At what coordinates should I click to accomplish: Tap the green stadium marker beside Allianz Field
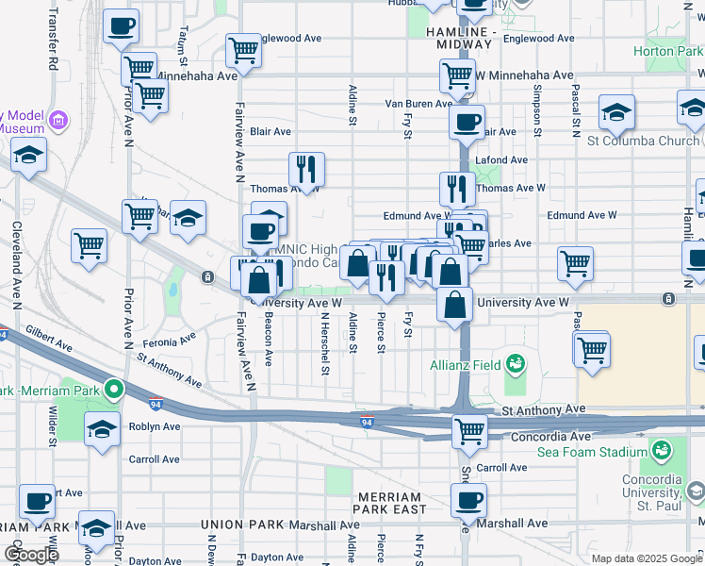(x=514, y=362)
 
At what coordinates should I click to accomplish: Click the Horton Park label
(x=668, y=51)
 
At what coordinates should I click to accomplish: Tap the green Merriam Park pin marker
(x=114, y=388)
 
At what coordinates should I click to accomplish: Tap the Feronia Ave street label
(x=169, y=337)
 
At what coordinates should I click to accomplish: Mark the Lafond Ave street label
(x=499, y=160)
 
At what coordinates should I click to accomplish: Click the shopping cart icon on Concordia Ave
(x=469, y=431)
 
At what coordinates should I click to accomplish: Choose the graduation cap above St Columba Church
(x=616, y=113)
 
